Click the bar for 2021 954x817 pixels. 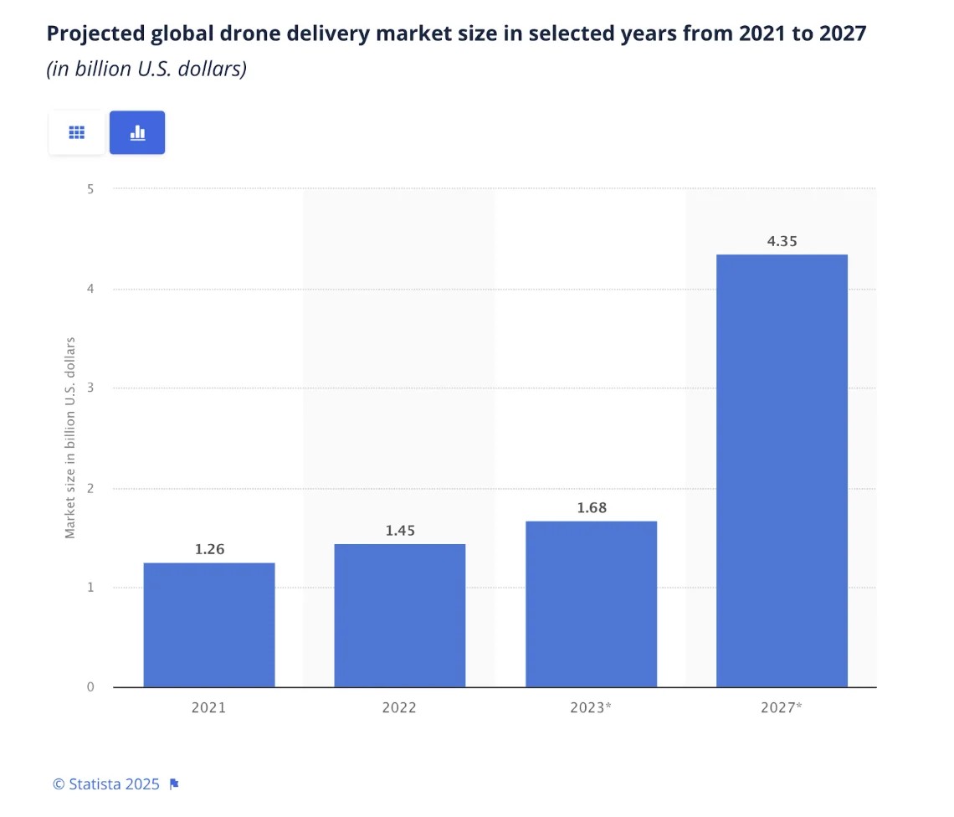pyautogui.click(x=209, y=624)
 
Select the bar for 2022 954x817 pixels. pyautogui.click(x=399, y=615)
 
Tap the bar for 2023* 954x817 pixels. pyautogui.click(x=591, y=604)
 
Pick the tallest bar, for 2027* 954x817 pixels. pyautogui.click(x=782, y=470)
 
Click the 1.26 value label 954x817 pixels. pyautogui.click(x=210, y=549)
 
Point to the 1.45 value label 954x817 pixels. pyautogui.click(x=400, y=531)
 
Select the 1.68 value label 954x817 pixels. pyautogui.click(x=592, y=507)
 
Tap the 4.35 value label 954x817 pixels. pyautogui.click(x=782, y=241)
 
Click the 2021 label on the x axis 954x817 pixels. pyautogui.click(x=208, y=707)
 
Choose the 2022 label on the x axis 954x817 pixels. pyautogui.click(x=399, y=707)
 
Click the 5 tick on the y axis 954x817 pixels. pyautogui.click(x=90, y=189)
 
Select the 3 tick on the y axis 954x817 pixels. pyautogui.click(x=90, y=388)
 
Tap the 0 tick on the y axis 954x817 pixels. pyautogui.click(x=90, y=687)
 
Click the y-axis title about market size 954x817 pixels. pyautogui.click(x=70, y=438)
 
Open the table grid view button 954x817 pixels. pyautogui.click(x=77, y=132)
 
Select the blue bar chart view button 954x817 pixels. pyautogui.click(x=137, y=132)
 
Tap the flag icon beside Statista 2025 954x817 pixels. pyautogui.click(x=174, y=784)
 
